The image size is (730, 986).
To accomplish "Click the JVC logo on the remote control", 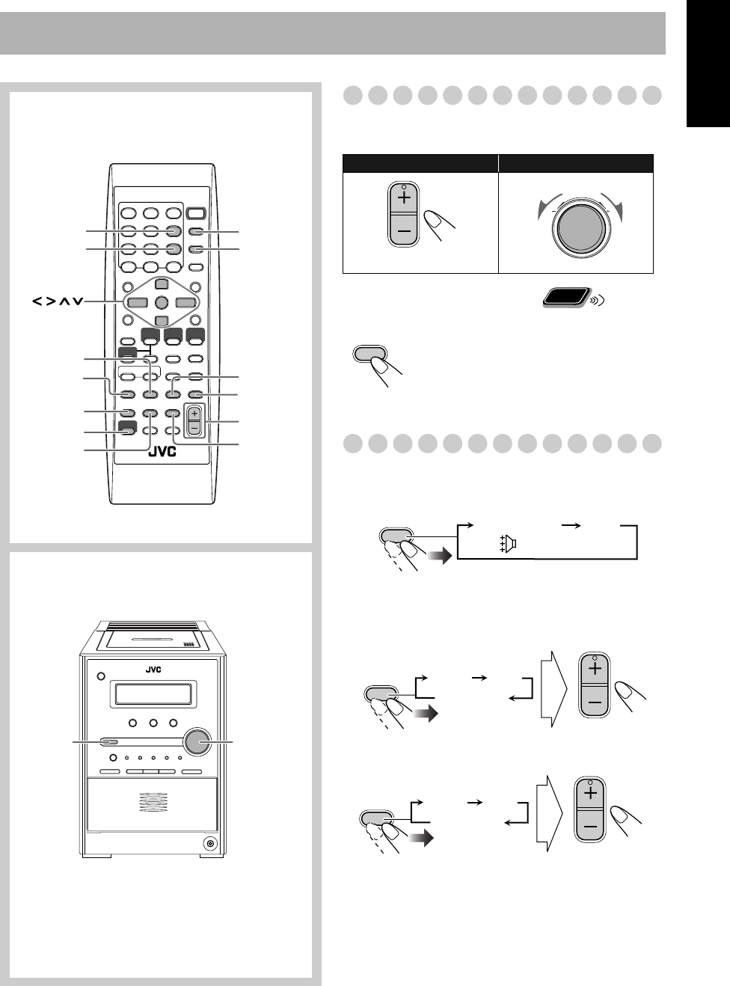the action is click(162, 451).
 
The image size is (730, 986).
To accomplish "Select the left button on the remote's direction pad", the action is click(136, 303).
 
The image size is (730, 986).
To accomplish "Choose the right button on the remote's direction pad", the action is click(185, 303).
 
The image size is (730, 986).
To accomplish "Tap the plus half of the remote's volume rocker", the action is click(194, 413).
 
